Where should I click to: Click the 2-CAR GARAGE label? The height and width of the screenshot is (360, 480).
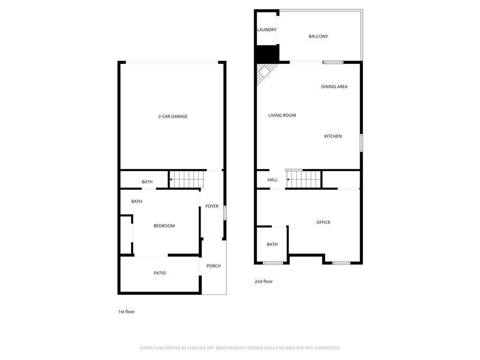(172, 116)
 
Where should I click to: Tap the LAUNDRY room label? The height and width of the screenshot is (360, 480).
(267, 30)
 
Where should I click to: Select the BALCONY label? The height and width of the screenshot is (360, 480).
(318, 37)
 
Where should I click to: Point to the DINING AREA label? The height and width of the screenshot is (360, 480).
(334, 87)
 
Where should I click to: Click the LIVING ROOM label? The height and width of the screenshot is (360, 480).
(282, 115)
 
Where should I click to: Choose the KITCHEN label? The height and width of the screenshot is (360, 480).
(333, 136)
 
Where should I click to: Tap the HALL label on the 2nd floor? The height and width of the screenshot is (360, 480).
(273, 180)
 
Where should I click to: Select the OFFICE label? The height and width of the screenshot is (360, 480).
(323, 222)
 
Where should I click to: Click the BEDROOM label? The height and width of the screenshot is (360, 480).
(164, 226)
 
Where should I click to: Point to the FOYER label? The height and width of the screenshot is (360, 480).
(212, 206)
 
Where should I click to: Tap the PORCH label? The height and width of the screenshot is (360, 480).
(213, 266)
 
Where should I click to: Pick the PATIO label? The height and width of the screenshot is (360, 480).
(160, 273)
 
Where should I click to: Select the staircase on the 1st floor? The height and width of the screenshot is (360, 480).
(187, 180)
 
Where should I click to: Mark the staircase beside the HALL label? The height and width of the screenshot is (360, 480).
(304, 180)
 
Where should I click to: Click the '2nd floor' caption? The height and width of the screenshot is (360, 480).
(263, 282)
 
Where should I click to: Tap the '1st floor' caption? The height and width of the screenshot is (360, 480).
(127, 312)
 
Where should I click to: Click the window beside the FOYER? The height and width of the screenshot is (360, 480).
(225, 213)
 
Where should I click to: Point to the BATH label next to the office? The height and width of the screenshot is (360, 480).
(272, 245)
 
